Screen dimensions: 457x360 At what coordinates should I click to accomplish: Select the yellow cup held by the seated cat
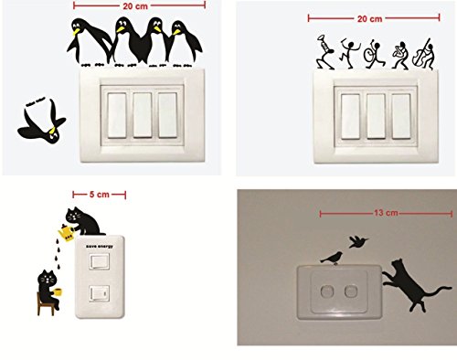coord(58,292)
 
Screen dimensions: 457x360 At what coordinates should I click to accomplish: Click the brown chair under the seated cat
coord(45,304)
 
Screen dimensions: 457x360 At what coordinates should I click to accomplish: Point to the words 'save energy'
coord(100,246)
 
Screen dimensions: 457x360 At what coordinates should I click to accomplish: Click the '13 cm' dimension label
coord(386,212)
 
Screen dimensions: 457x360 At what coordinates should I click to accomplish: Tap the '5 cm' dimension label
coord(100,195)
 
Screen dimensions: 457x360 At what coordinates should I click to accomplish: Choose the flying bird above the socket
coord(357,241)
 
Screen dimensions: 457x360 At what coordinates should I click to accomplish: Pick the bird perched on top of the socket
coord(332,258)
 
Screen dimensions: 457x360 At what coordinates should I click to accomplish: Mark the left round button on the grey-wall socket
coord(326,291)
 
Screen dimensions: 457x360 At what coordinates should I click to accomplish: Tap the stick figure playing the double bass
coord(423,55)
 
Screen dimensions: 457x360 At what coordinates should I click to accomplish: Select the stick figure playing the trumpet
coord(324,52)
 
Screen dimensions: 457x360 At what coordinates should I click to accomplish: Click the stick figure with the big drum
coord(374,54)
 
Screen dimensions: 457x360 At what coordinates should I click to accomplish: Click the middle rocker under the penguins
coord(143,115)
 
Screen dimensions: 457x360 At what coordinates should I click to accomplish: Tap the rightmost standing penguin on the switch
coord(184,44)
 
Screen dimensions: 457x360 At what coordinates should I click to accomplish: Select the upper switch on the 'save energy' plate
coord(100,261)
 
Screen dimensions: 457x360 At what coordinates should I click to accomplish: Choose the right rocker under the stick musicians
coord(401,116)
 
